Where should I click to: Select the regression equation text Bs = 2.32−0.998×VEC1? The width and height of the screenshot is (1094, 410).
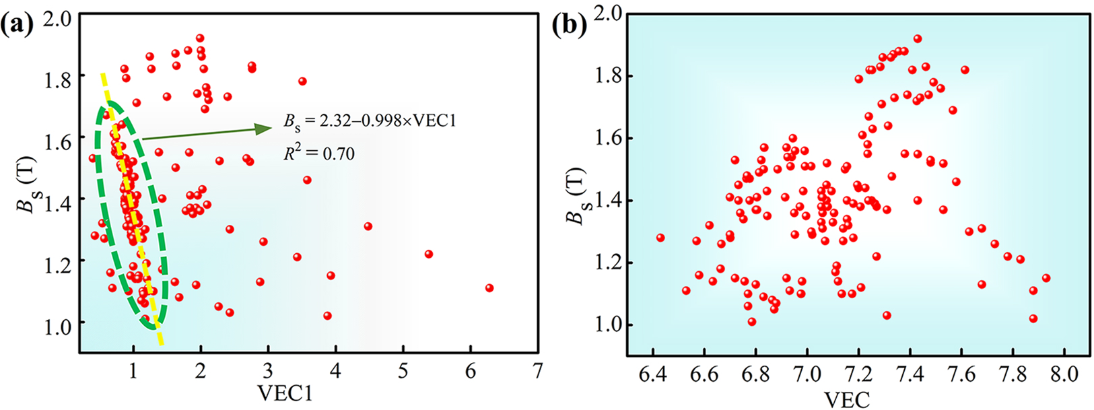pos(370,123)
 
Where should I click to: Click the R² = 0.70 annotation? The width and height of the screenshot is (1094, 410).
pos(318,153)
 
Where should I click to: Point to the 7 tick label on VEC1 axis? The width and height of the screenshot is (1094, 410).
pos(537,371)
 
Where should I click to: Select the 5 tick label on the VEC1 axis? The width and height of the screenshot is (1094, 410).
pos(403,371)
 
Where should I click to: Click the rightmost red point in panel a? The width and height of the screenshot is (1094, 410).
pos(489,288)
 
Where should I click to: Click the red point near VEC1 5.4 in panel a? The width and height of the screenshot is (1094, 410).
pos(429,254)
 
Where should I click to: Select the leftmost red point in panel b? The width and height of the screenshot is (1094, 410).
pos(660,238)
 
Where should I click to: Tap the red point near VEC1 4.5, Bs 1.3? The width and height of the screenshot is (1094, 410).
pos(368,226)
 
